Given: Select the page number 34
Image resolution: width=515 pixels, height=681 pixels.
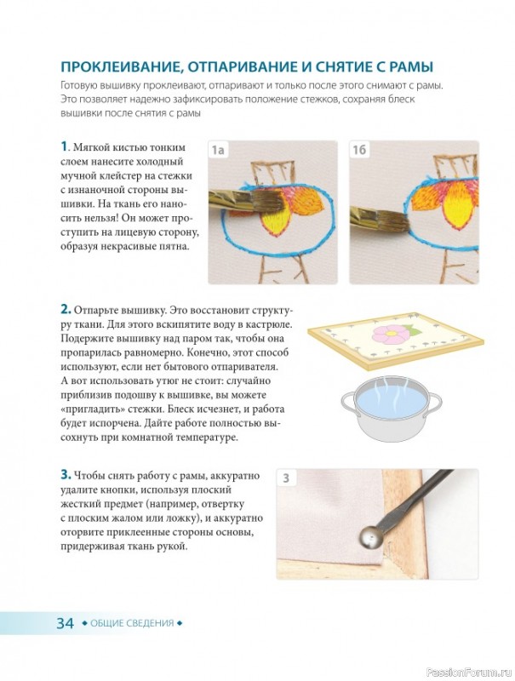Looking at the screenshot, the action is pyautogui.click(x=66, y=623).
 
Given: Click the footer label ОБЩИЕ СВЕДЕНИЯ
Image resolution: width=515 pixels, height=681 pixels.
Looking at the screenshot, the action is pyautogui.click(x=132, y=623).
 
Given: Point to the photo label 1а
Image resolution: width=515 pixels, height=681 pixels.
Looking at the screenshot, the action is pyautogui.click(x=218, y=151).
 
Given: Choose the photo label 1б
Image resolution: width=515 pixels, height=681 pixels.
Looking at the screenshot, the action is pyautogui.click(x=359, y=151).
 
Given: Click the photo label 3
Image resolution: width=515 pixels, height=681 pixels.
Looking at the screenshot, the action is pyautogui.click(x=286, y=478).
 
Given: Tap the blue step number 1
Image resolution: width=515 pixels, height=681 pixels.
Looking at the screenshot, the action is pyautogui.click(x=64, y=146).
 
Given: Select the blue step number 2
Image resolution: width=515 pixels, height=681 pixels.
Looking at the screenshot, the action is pyautogui.click(x=66, y=310).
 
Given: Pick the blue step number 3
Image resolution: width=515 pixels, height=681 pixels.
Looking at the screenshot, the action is pyautogui.click(x=66, y=475).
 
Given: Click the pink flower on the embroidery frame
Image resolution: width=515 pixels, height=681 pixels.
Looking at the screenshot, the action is pyautogui.click(x=389, y=335).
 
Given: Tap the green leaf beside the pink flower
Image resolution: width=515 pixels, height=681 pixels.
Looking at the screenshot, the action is pyautogui.click(x=413, y=330).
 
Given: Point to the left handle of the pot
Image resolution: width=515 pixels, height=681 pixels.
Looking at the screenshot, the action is pyautogui.click(x=349, y=403).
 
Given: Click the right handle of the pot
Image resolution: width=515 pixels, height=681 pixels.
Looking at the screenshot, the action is pyautogui.click(x=434, y=403).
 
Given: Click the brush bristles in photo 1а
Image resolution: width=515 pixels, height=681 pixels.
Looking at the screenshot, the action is pyautogui.click(x=266, y=202).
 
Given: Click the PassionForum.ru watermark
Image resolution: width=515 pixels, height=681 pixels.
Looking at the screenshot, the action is pyautogui.click(x=469, y=672).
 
